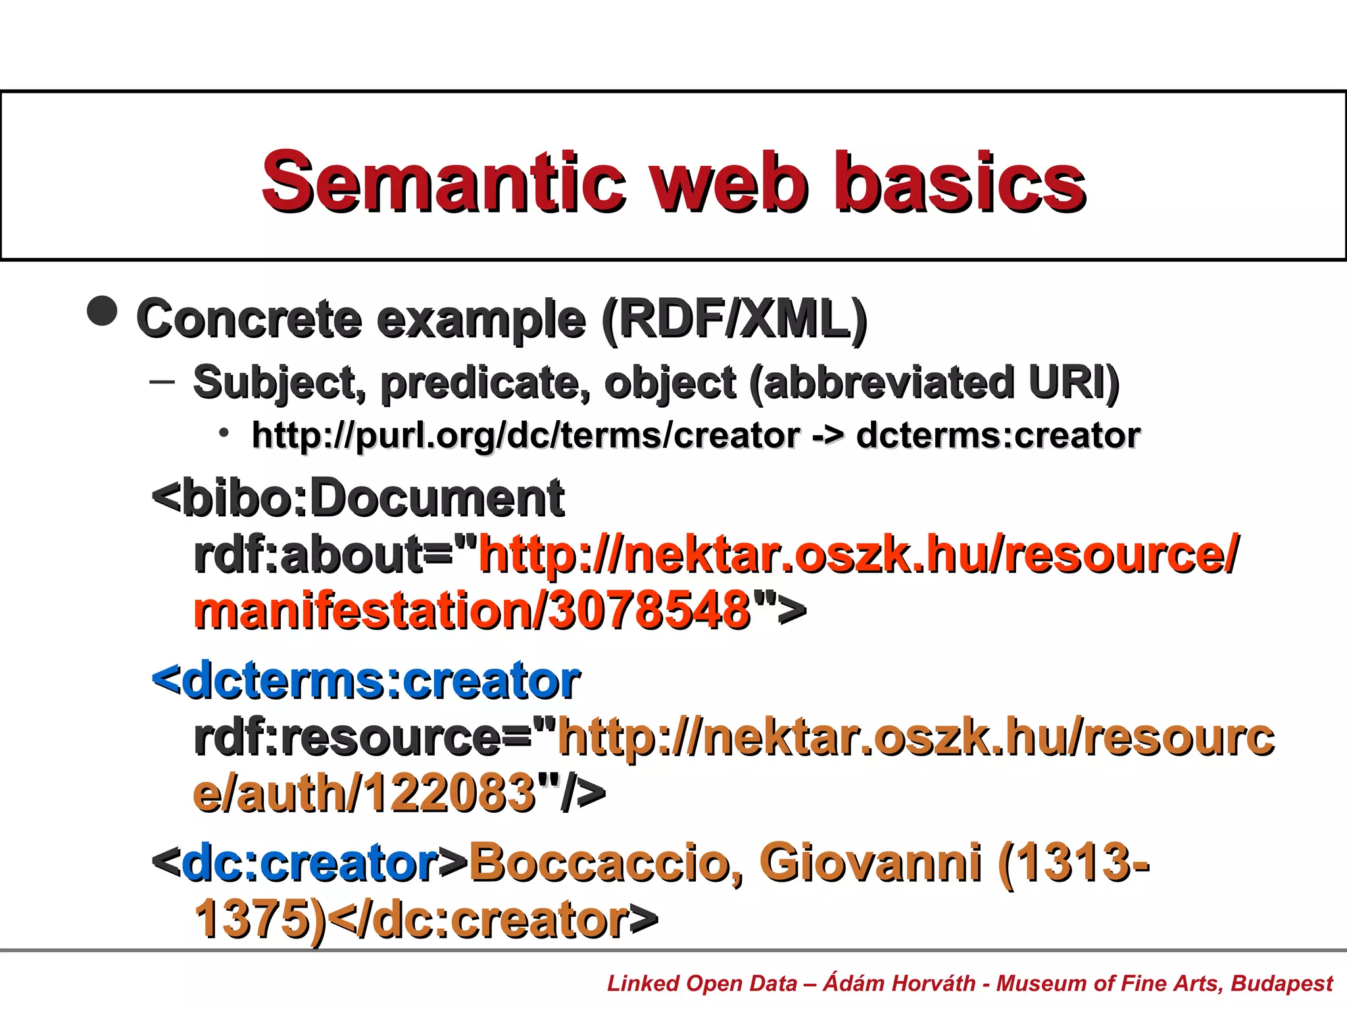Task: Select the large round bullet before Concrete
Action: pyautogui.click(x=102, y=310)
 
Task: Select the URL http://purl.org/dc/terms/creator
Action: pyautogui.click(x=526, y=435)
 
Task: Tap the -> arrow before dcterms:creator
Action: pyautogui.click(x=827, y=436)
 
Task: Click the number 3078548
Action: pyautogui.click(x=649, y=610)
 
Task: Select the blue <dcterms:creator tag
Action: pyautogui.click(x=366, y=681)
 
